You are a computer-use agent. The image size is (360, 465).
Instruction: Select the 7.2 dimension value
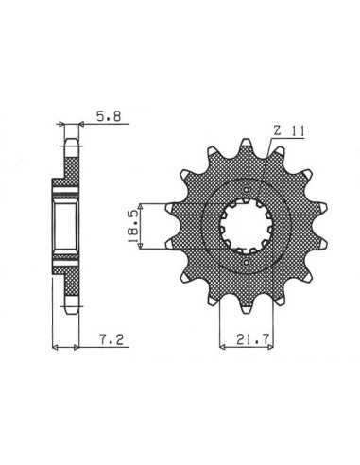coord(111,339)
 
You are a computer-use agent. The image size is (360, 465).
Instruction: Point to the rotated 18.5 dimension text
coord(132,226)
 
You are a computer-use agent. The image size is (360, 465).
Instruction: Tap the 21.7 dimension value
coord(252,339)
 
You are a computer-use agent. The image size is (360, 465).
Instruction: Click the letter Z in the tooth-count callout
coord(277,130)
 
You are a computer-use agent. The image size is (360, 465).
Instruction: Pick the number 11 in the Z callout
coord(297,131)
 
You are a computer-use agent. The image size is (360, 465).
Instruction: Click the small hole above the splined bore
coord(247,190)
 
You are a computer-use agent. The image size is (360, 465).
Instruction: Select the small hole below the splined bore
coord(247,262)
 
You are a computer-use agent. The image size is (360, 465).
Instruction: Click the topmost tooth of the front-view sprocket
coord(247,146)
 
